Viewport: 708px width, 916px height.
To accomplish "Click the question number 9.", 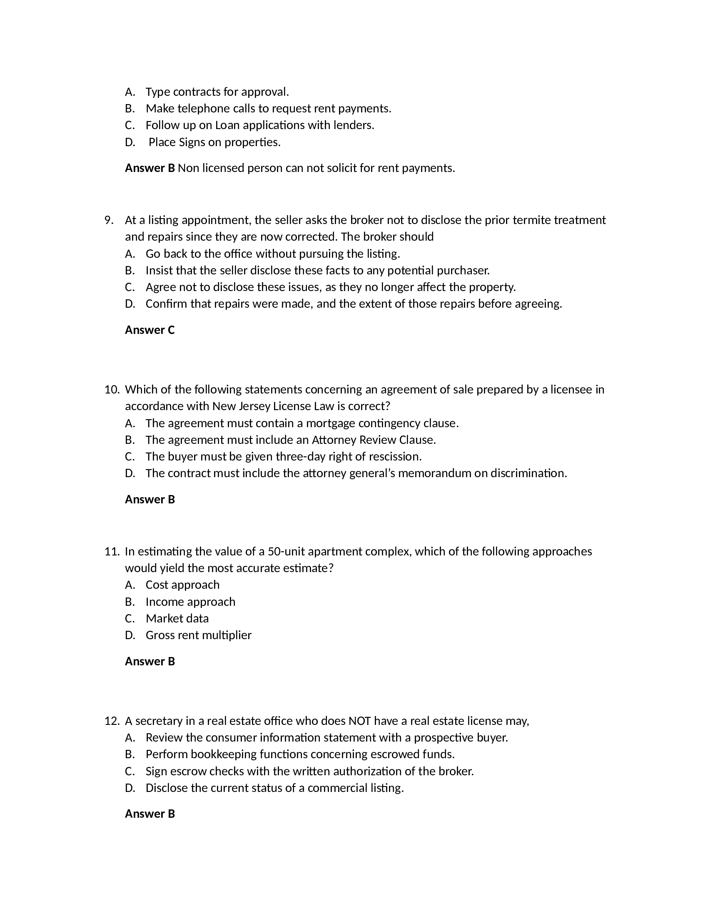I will tap(109, 220).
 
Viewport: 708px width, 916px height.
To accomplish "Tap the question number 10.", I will tap(112, 390).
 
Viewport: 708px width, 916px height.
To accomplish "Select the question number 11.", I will tap(112, 552).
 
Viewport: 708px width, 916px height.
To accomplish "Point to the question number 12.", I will tap(112, 721).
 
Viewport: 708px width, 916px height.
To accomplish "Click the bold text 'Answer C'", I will tap(150, 330).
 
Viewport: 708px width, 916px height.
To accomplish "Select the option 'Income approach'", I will tap(190, 602).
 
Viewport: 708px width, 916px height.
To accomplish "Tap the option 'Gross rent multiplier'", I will tap(198, 635).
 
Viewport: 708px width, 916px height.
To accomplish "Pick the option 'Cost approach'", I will tap(182, 585).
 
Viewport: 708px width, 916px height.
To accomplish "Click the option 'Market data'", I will tap(177, 618).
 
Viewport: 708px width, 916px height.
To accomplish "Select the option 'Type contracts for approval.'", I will tap(217, 92).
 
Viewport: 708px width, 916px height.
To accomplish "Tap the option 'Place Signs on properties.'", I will tap(214, 142).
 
